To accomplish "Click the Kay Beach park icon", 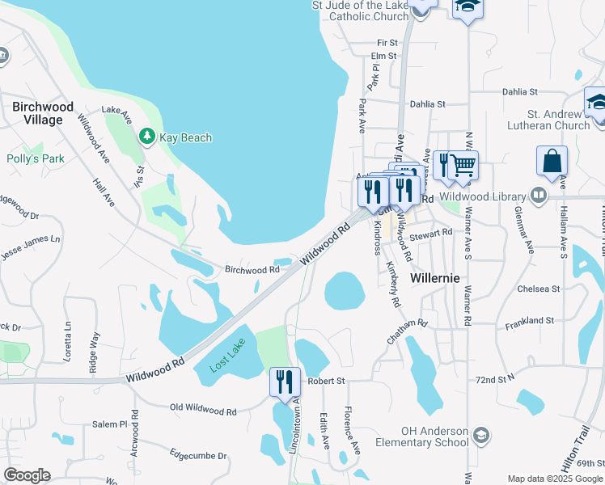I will tap(146, 137).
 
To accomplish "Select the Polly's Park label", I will tap(36, 159).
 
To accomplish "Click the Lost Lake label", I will tap(226, 358).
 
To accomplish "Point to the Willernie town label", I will tap(435, 277).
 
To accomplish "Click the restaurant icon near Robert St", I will tap(284, 382).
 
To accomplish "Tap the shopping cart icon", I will tap(463, 166).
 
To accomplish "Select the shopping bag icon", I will tap(552, 160).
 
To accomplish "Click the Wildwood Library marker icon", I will tap(538, 195).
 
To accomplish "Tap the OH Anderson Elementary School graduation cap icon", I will tap(480, 436).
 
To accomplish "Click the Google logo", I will tap(27, 475).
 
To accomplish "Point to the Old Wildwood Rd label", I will tap(203, 411).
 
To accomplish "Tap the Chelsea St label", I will tap(539, 289).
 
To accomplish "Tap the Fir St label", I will tap(387, 42).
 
